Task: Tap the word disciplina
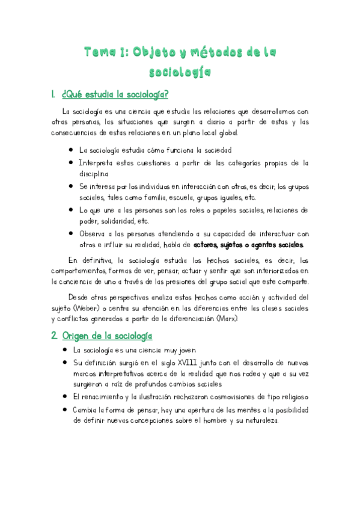[x=99, y=173]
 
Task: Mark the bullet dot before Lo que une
[x=72, y=210]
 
